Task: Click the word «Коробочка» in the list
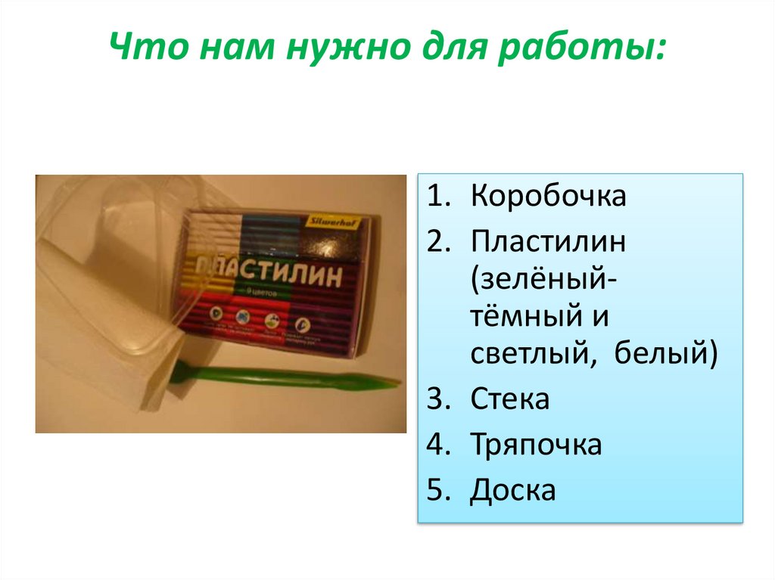coord(548,197)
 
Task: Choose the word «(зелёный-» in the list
coord(543,288)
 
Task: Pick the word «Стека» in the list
coord(509,399)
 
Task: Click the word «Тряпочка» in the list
coord(536,444)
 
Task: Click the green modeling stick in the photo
coord(288,376)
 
